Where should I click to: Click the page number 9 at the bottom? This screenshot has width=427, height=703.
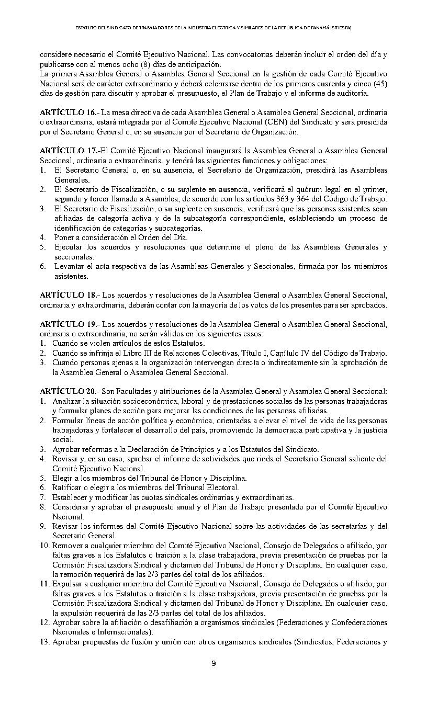point(213,664)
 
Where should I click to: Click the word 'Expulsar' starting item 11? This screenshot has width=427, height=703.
point(67,584)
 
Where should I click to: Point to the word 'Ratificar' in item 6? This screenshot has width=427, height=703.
point(68,487)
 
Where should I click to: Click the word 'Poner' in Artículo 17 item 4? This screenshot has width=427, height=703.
point(64,237)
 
